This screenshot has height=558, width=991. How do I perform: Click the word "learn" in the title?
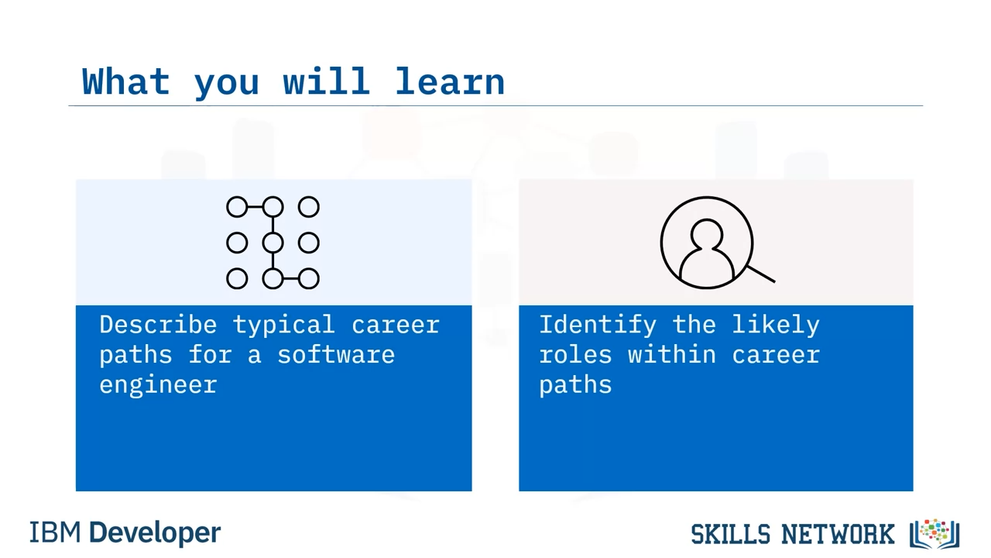[450, 81]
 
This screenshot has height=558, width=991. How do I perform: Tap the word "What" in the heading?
[126, 81]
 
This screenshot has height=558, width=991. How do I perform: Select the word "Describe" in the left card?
[158, 325]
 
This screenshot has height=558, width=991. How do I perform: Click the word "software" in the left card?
[336, 355]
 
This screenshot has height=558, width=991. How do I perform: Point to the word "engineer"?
[158, 385]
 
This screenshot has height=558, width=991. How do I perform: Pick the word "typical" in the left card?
[283, 325]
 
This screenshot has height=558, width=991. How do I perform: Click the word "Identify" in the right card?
[598, 325]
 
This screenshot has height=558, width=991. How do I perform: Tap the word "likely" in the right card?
[776, 325]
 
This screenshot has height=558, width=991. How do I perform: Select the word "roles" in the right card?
[575, 355]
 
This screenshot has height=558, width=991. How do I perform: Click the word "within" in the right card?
[671, 355]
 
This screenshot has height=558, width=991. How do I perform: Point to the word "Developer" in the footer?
[155, 533]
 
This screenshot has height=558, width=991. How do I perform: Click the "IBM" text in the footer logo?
[55, 532]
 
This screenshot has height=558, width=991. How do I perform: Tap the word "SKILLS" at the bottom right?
[730, 534]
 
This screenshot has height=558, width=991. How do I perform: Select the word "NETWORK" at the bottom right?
[838, 534]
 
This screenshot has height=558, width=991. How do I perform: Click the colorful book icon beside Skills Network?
[934, 534]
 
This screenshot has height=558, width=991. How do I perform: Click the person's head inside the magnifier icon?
[707, 234]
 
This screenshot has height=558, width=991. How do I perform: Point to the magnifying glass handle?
[761, 274]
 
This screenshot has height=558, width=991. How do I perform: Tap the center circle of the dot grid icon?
[273, 243]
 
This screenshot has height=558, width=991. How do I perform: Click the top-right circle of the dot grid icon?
[308, 207]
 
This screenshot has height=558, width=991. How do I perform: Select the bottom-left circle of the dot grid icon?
[237, 279]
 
